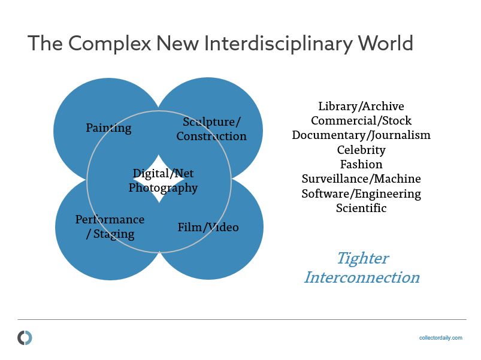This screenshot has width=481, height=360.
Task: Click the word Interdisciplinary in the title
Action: (x=277, y=44)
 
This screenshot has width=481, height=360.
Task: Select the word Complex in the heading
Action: (x=110, y=44)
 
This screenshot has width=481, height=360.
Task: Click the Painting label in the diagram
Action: (x=108, y=128)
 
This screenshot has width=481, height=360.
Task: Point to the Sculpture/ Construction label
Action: (x=211, y=129)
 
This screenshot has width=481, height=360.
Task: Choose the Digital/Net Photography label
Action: (x=163, y=180)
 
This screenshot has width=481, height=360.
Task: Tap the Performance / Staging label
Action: (x=110, y=227)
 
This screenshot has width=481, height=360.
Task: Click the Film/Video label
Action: (x=208, y=227)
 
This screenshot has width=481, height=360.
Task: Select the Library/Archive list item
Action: (x=361, y=106)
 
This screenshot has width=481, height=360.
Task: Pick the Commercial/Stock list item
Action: (x=361, y=120)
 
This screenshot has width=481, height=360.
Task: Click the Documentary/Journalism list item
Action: (x=361, y=135)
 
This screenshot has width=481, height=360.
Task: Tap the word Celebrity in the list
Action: (x=361, y=150)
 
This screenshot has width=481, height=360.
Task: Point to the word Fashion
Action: (x=361, y=164)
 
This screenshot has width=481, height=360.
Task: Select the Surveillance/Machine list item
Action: (x=361, y=179)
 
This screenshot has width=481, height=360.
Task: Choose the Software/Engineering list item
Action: (x=361, y=194)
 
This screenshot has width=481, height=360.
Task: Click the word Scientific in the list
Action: (x=361, y=208)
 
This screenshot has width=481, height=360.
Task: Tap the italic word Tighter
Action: (x=363, y=259)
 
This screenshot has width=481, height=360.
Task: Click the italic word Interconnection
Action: (x=362, y=277)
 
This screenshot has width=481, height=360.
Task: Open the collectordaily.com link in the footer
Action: (x=440, y=338)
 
